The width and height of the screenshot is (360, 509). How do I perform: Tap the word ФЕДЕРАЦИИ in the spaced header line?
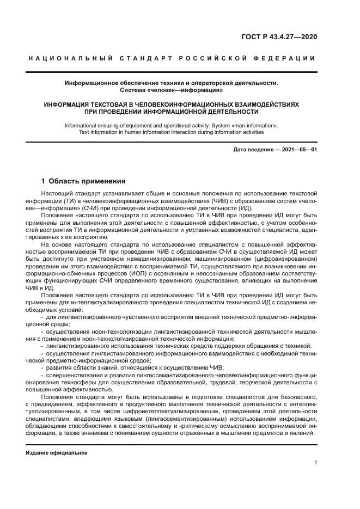(x=289, y=58)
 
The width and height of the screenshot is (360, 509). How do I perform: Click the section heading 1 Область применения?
(x=84, y=181)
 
